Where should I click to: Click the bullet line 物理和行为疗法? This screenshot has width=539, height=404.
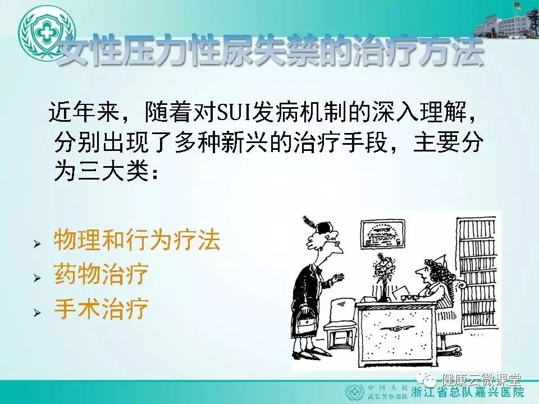[137, 239]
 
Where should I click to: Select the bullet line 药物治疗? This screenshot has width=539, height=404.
[101, 274]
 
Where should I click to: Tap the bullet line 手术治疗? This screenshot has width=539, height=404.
[101, 308]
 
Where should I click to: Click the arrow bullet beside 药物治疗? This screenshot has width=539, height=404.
[37, 278]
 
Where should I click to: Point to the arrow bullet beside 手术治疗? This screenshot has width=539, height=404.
[37, 313]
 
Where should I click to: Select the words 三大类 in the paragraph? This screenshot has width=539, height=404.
[114, 171]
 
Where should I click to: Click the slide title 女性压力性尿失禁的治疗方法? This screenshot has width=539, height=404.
[271, 52]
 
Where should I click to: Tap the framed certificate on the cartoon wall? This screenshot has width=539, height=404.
[383, 235]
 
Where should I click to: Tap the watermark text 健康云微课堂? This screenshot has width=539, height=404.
[482, 380]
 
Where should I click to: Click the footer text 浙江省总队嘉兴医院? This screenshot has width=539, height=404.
[468, 392]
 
